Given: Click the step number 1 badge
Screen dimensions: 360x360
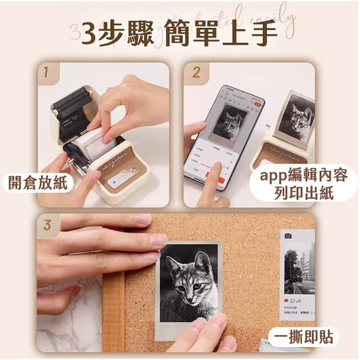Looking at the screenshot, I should [x=47, y=73].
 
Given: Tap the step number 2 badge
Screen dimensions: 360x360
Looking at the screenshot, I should [x=196, y=73].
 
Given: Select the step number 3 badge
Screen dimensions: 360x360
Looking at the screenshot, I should [x=47, y=225].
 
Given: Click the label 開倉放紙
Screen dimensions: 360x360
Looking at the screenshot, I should [x=38, y=183].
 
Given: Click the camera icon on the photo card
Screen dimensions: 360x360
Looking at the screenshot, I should [x=288, y=237].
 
